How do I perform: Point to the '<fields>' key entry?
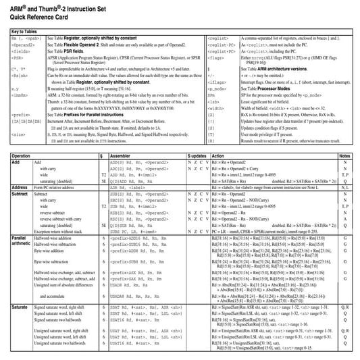click(x=21, y=50)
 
